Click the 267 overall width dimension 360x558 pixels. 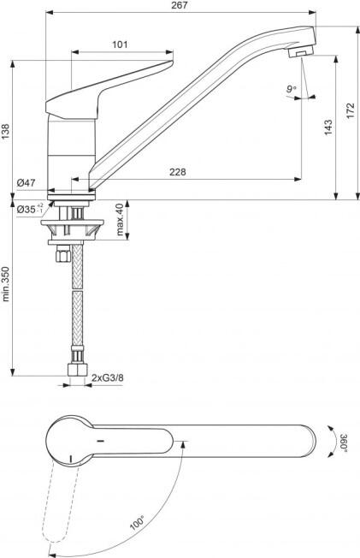tap(179, 6)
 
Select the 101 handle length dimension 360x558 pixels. tap(120, 45)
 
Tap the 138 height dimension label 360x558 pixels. tap(5, 131)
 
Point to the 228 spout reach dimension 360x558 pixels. tap(177, 172)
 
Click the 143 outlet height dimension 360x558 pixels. tap(328, 127)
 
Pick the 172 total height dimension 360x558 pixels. tap(351, 110)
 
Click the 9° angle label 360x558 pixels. tap(292, 89)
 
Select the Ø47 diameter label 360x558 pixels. tap(26, 183)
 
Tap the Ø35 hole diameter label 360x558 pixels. tap(30, 209)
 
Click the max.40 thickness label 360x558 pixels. tap(120, 219)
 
